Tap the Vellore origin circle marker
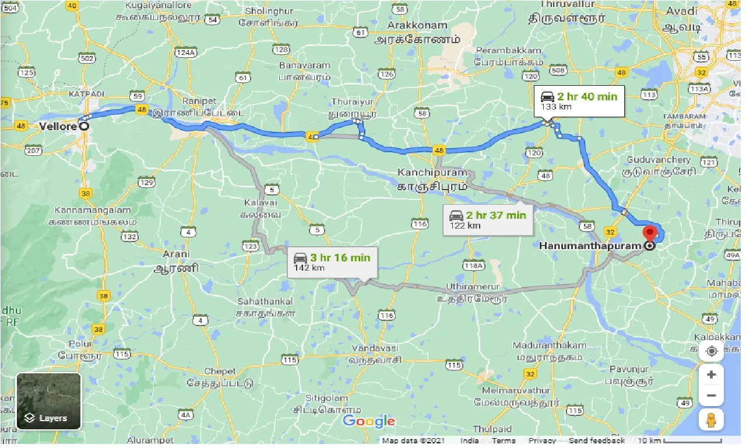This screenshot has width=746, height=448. coord(84,125)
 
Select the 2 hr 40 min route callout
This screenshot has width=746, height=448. coord(579,101)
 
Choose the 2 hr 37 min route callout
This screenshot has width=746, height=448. coord(488,219)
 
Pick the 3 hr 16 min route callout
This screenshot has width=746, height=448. coord(332,262)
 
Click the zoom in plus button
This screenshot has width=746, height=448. coord(711,374)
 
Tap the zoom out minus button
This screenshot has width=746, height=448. coord(711,396)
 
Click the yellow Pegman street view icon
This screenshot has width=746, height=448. coord(711,419)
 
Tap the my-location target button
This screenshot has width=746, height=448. coord(711,351)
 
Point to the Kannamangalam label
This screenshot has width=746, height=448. coord(93,210)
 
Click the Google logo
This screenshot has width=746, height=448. coord(369,421)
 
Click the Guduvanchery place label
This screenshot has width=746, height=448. coord(659,160)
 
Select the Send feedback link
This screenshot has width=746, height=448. coord(596,441)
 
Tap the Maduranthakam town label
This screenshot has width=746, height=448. coord(547,345)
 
